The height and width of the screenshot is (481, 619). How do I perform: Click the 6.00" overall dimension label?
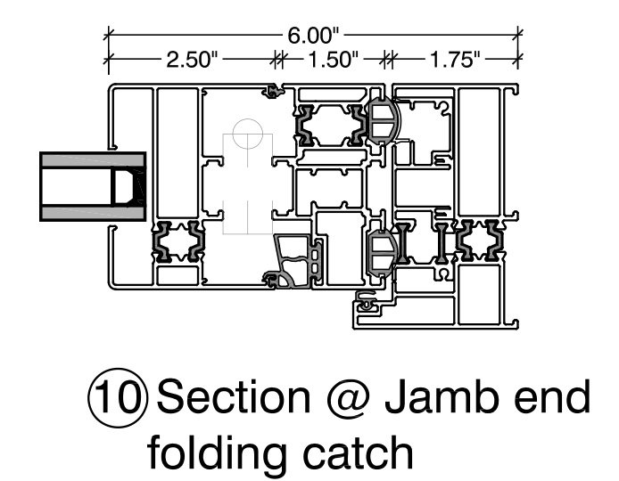point(313,37)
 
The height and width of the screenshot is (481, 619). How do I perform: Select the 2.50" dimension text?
point(191,61)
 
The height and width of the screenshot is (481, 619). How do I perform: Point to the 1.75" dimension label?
point(454,61)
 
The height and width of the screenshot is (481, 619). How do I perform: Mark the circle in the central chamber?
point(247,137)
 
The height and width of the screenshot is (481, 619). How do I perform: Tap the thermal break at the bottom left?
point(177,243)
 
